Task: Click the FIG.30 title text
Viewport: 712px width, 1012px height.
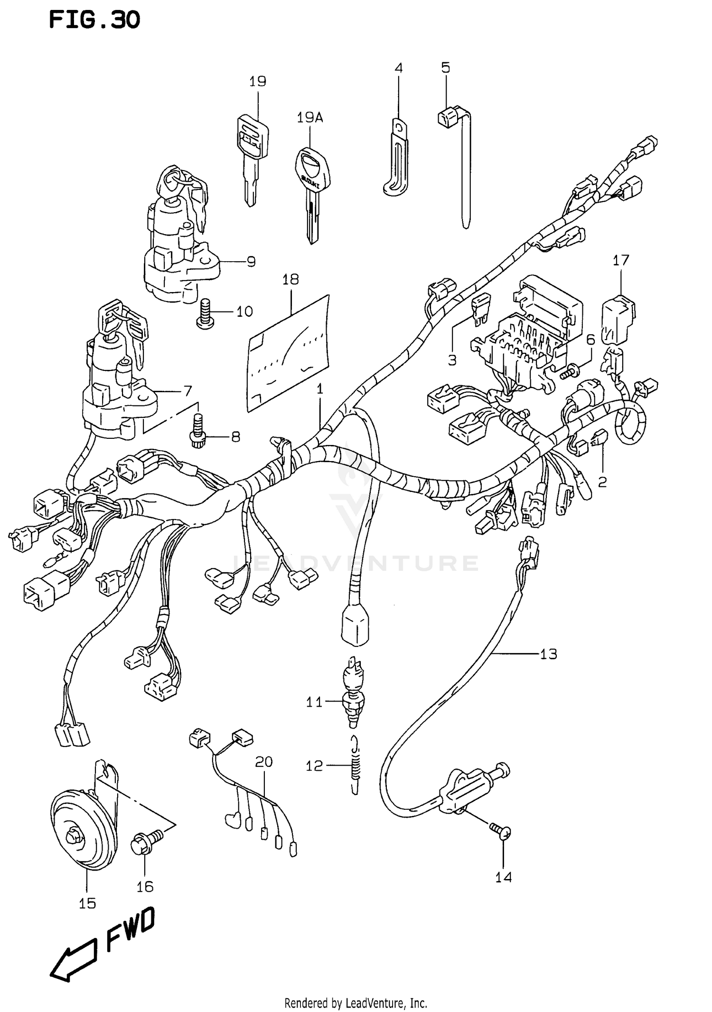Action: (94, 20)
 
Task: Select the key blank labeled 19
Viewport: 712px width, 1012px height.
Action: (252, 157)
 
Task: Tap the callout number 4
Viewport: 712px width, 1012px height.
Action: (399, 68)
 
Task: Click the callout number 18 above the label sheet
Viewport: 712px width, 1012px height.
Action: (290, 279)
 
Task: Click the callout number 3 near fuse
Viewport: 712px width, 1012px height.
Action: (452, 360)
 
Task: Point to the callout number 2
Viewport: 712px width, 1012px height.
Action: (602, 482)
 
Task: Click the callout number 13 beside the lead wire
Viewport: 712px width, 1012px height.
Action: (548, 654)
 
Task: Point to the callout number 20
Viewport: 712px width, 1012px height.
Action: (264, 762)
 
